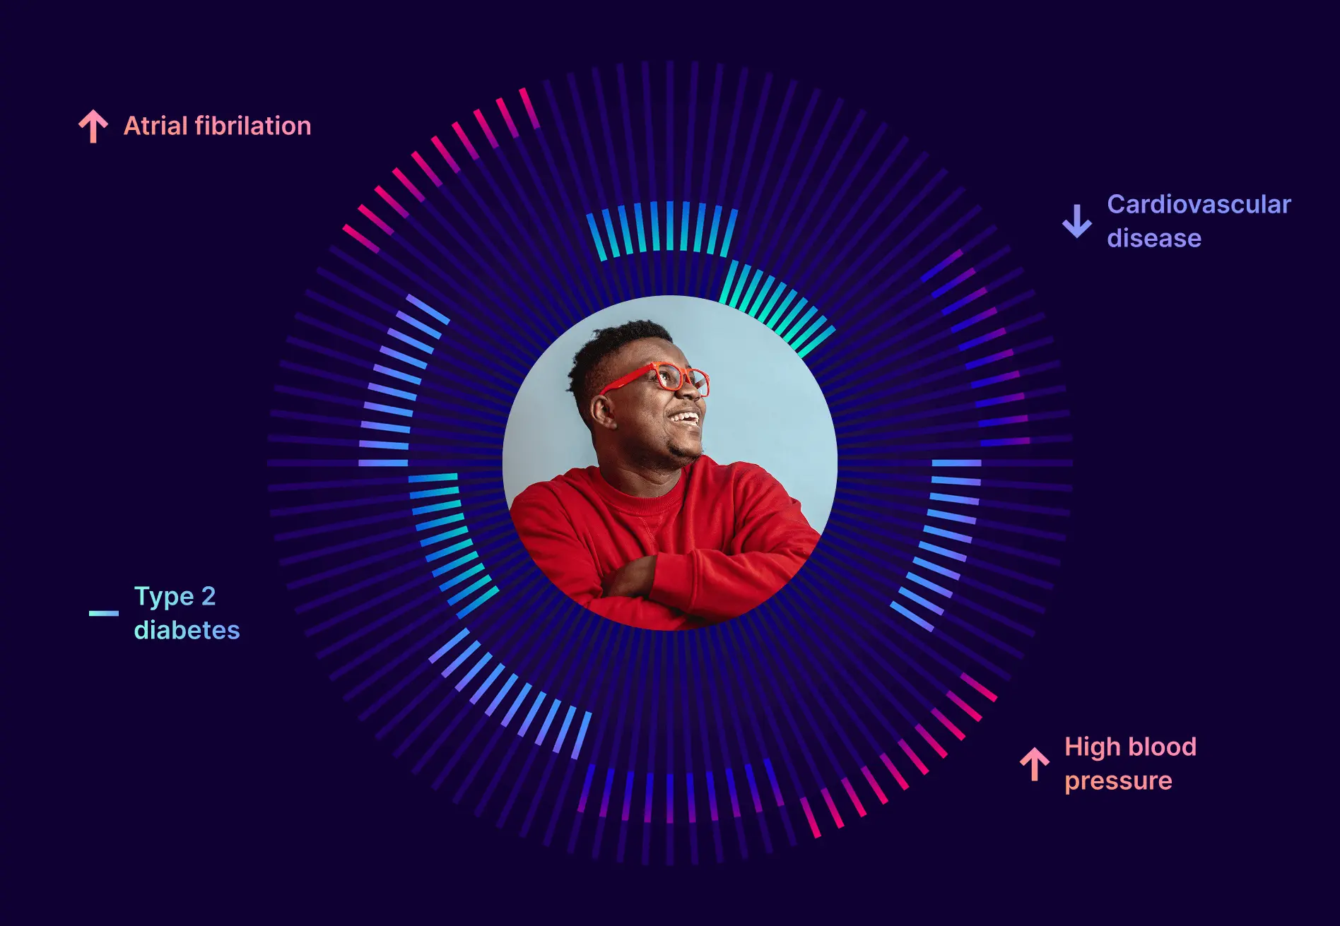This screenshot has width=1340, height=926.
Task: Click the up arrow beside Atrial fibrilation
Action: click(x=93, y=126)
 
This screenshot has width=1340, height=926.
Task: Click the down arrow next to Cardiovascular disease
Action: click(x=1077, y=221)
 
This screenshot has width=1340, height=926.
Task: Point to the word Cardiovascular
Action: click(x=1199, y=204)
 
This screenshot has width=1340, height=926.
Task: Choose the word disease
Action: click(x=1154, y=238)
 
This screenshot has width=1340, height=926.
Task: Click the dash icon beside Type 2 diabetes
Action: click(x=103, y=613)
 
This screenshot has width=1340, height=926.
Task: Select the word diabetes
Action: click(x=187, y=630)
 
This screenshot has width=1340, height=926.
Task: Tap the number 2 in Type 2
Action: click(x=208, y=596)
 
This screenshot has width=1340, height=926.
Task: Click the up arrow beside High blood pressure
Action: click(x=1035, y=764)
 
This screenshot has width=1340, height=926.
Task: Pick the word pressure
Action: click(x=1118, y=781)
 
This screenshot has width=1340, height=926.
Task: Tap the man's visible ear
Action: click(x=602, y=410)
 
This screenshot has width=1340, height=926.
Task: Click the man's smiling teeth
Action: click(x=685, y=418)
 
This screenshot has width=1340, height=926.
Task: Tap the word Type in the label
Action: click(x=164, y=597)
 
